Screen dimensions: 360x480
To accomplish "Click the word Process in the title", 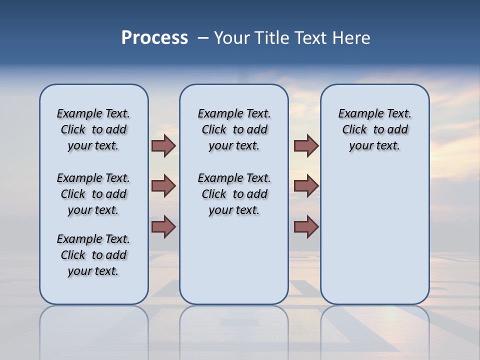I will [154, 38].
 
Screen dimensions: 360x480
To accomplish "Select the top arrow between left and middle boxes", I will [163, 145].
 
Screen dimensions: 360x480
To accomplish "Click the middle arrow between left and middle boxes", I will [163, 186].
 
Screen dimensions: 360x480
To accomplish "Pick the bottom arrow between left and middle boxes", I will [163, 227].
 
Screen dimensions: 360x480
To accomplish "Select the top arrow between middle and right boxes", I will [306, 145].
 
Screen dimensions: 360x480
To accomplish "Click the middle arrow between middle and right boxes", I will [306, 186].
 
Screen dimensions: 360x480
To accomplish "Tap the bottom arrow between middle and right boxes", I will [306, 227].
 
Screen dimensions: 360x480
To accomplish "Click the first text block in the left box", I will [93, 129].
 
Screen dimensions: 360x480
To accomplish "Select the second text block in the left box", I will [93, 194].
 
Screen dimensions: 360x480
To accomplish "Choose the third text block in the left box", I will [93, 255].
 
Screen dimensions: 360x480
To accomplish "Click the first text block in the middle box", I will [234, 129].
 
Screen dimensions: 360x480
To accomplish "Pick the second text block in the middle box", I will [234, 194].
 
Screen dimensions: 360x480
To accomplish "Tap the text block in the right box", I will [374, 129].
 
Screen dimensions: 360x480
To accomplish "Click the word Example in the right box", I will [356, 114].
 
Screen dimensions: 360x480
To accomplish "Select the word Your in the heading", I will [232, 38].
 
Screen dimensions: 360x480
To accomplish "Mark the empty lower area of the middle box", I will [234, 260].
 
